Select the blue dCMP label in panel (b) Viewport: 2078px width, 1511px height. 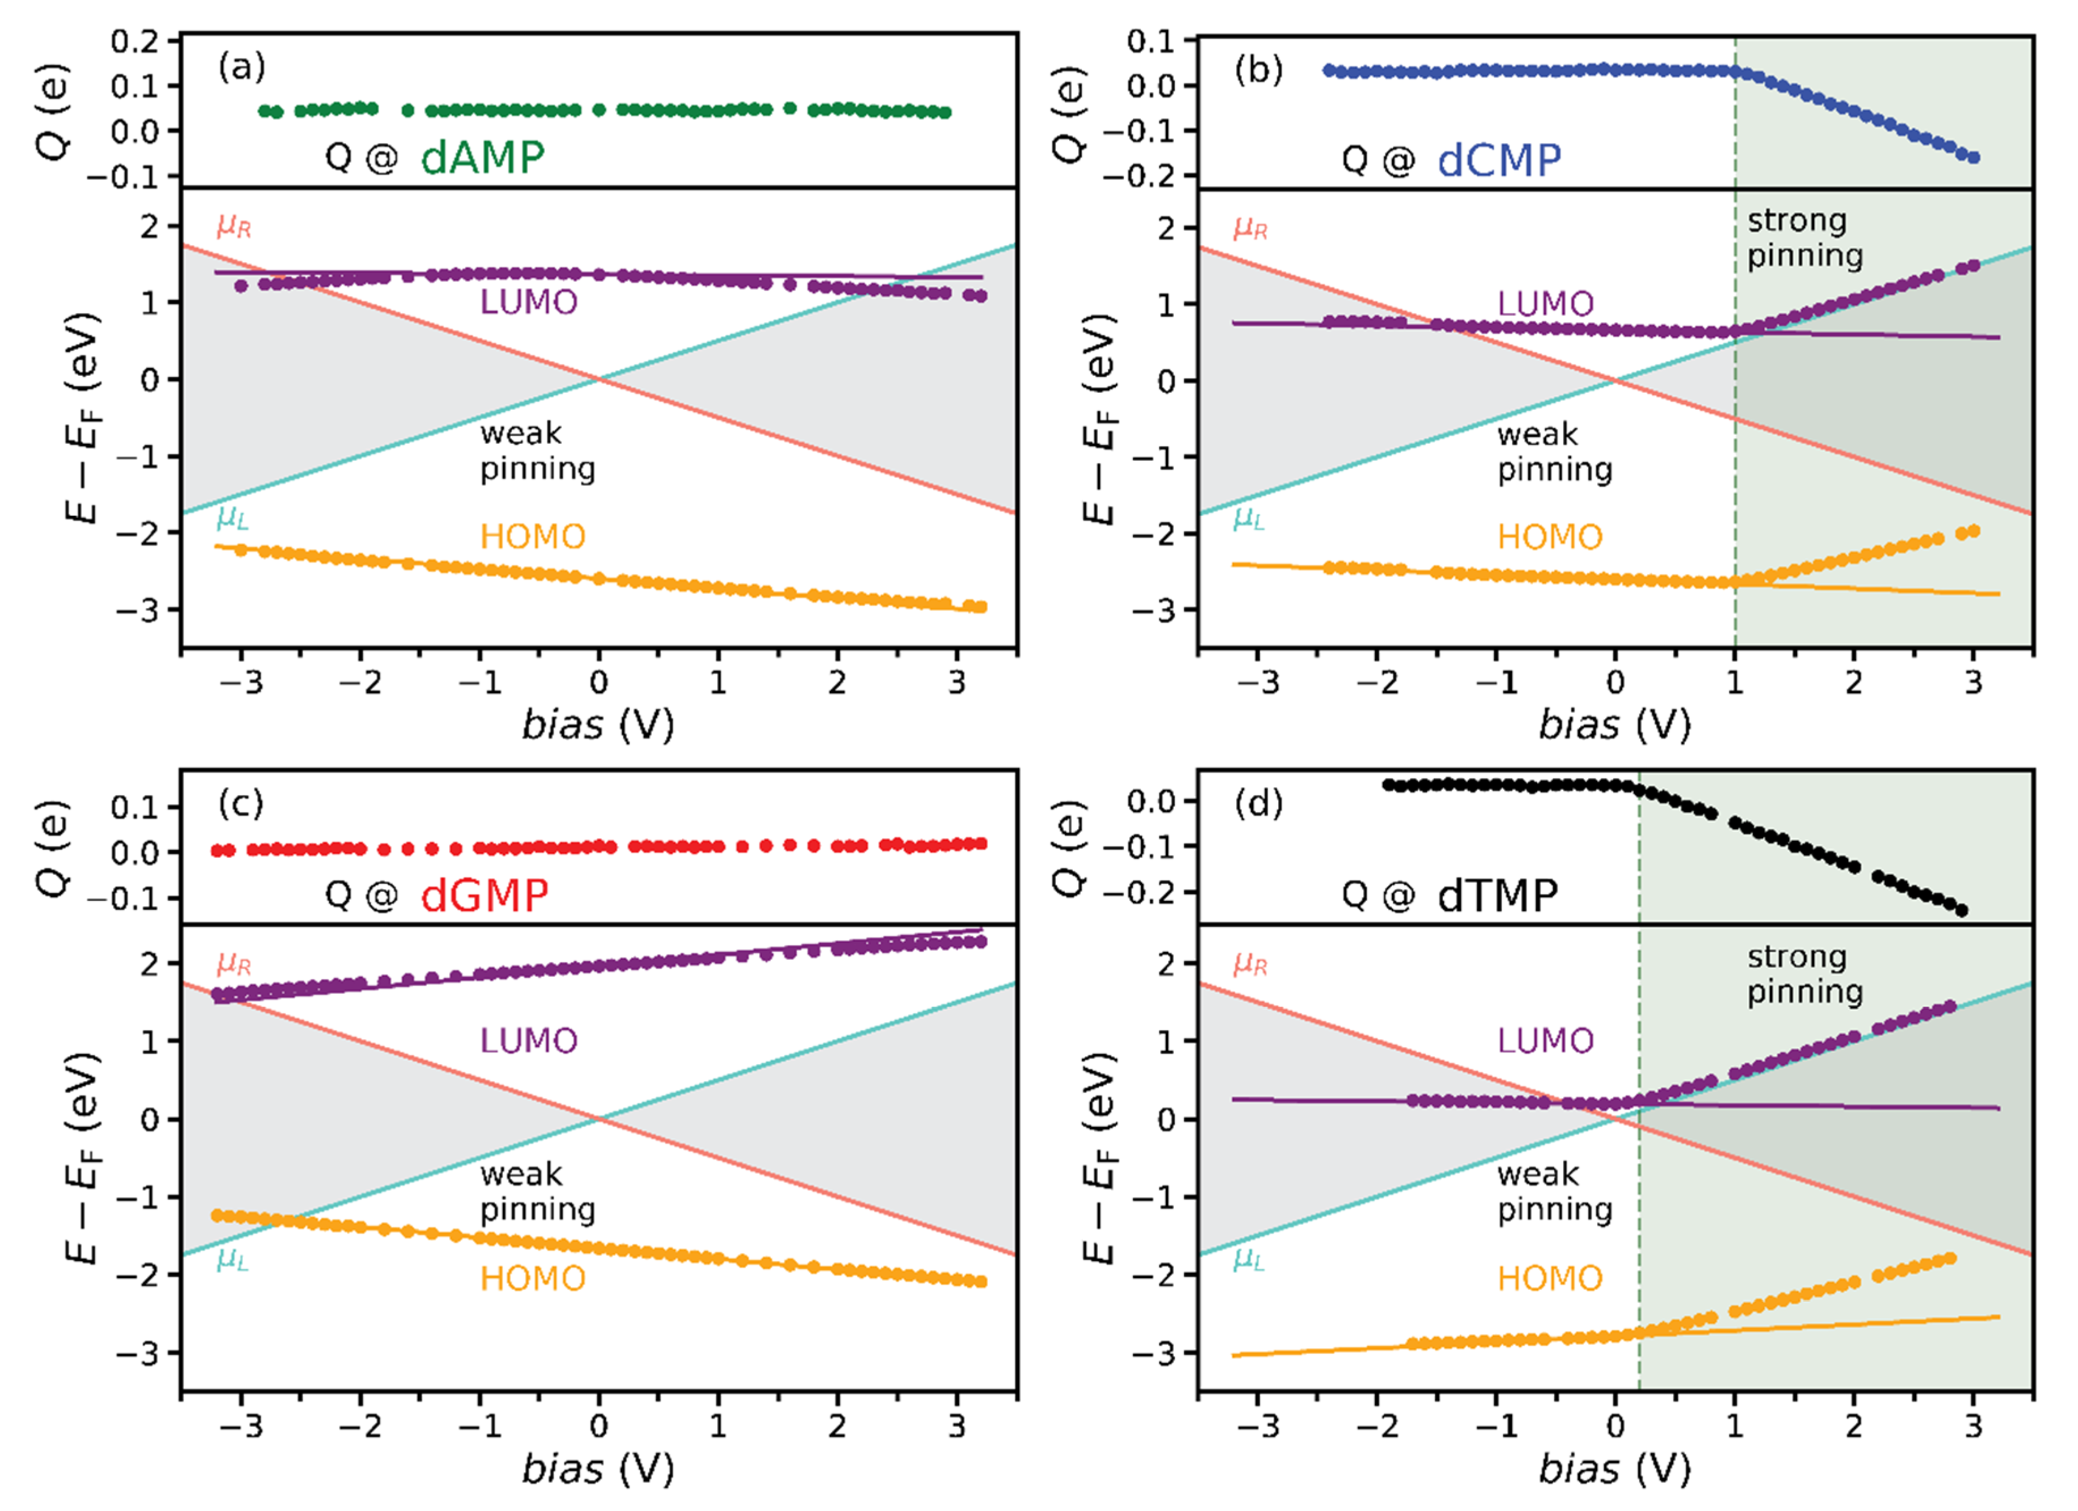coord(1499,161)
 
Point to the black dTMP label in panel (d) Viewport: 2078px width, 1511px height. coord(1497,895)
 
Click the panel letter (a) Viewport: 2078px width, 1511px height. coord(241,67)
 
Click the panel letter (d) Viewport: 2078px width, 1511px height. coord(1258,804)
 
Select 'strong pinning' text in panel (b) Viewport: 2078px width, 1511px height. coord(1804,238)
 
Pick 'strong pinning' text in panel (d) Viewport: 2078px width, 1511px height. coord(1804,974)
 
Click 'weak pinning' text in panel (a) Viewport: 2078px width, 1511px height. coord(537,451)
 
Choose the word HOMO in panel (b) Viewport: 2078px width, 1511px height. coord(1550,537)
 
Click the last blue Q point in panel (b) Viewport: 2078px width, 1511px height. coord(1974,158)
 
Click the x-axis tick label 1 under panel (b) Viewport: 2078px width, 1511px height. coord(1735,683)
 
